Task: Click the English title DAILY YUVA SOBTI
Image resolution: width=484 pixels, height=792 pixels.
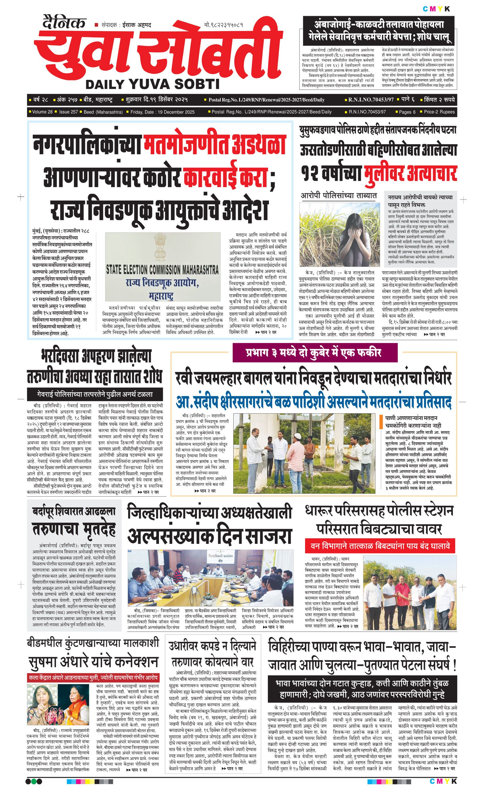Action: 153,84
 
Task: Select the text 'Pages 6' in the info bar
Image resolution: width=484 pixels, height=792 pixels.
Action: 407,112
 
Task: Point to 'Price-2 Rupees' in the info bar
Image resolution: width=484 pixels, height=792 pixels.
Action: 439,112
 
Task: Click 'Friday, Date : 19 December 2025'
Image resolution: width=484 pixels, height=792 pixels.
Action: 163,112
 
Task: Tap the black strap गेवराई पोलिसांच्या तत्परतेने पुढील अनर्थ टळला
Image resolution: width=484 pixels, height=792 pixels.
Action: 95,394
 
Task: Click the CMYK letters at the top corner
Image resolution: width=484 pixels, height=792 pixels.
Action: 436,9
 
